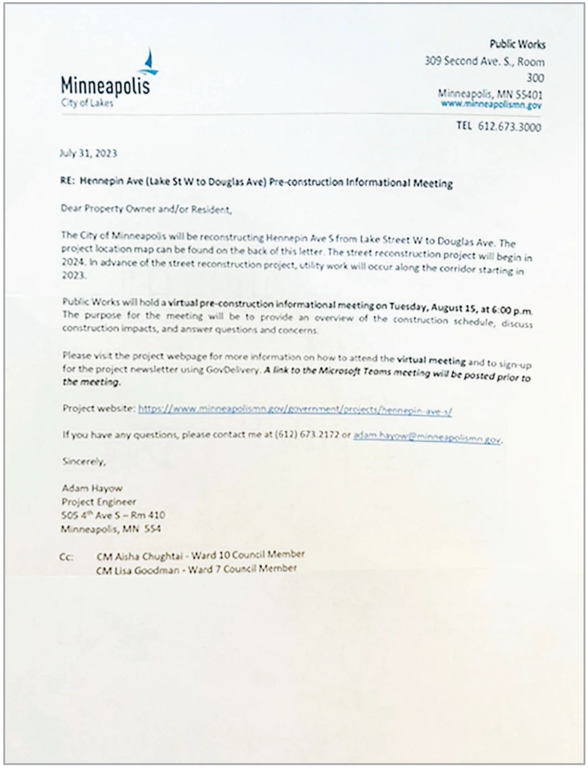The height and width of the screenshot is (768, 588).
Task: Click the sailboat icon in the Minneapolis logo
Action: click(x=149, y=62)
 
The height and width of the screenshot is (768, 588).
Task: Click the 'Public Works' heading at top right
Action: click(x=517, y=44)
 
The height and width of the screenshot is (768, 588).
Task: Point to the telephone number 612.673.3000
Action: click(x=509, y=127)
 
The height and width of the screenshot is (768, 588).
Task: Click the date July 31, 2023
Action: click(x=88, y=153)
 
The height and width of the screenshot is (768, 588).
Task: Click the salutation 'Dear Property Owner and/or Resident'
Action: click(x=146, y=209)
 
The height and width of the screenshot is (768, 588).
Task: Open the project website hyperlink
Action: click(x=295, y=410)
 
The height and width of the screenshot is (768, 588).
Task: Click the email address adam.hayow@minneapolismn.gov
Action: click(x=427, y=437)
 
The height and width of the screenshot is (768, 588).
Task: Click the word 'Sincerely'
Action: click(x=83, y=461)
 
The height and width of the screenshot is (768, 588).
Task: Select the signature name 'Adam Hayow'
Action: click(x=92, y=488)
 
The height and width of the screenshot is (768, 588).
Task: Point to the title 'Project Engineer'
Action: click(x=98, y=502)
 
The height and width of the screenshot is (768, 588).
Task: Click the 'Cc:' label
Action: click(x=66, y=557)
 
